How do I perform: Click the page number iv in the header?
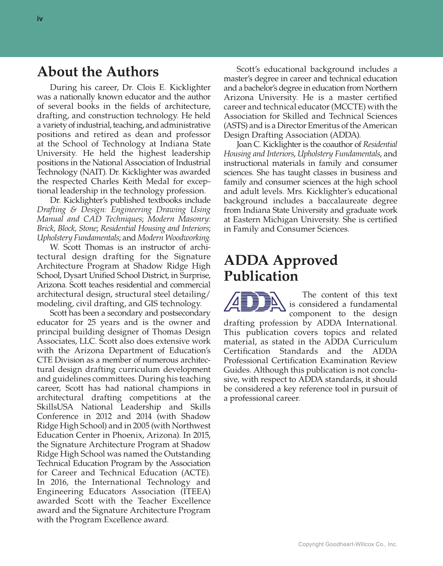(40, 19)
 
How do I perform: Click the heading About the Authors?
(98, 72)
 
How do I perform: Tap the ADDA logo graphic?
(254, 302)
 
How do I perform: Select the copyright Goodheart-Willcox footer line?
(348, 544)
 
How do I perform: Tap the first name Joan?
(244, 144)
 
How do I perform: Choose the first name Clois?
(146, 88)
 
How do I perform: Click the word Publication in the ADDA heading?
(261, 276)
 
